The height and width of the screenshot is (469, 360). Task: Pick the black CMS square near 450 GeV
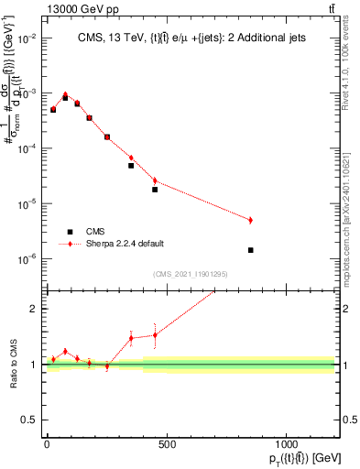click(155, 190)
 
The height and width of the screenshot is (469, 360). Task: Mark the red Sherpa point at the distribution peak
click(65, 94)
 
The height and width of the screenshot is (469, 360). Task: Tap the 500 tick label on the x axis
click(167, 443)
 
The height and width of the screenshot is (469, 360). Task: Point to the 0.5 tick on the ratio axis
click(29, 420)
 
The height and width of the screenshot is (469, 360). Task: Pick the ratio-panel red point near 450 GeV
click(155, 334)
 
